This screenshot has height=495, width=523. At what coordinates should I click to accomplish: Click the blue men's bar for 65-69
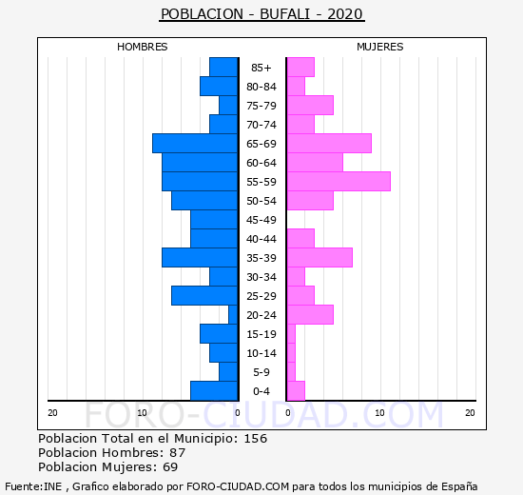tap(195, 144)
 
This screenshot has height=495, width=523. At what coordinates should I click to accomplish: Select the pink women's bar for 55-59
tap(339, 182)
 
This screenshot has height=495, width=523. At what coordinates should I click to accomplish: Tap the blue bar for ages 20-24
tap(233, 315)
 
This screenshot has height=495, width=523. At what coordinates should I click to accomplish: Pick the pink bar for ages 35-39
tap(320, 258)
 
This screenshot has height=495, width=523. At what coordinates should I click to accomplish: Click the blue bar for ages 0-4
tap(214, 391)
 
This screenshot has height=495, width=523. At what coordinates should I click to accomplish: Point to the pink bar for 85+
tap(300, 68)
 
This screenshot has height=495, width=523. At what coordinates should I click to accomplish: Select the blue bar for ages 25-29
tap(204, 296)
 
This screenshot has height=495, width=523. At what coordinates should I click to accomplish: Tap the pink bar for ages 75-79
tap(310, 106)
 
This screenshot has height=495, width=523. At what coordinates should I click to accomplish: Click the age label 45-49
tap(261, 220)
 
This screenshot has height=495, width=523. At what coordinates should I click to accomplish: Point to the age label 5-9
tap(261, 372)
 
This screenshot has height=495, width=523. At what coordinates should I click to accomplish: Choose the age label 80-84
tap(261, 87)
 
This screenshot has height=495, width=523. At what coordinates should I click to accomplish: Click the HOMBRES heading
tap(143, 47)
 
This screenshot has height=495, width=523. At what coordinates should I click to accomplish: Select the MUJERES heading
tap(380, 47)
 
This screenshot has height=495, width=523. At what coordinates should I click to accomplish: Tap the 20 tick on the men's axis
tap(52, 413)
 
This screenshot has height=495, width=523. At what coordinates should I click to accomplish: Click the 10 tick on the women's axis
tap(380, 413)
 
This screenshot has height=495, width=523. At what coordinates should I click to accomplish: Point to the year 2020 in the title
tap(345, 14)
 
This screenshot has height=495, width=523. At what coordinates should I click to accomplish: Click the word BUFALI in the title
tap(285, 14)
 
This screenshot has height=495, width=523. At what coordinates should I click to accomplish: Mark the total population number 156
tap(256, 439)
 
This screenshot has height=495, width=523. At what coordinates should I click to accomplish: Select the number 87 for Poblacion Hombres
tap(178, 453)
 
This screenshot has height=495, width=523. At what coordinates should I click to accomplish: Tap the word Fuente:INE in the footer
tap(33, 486)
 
